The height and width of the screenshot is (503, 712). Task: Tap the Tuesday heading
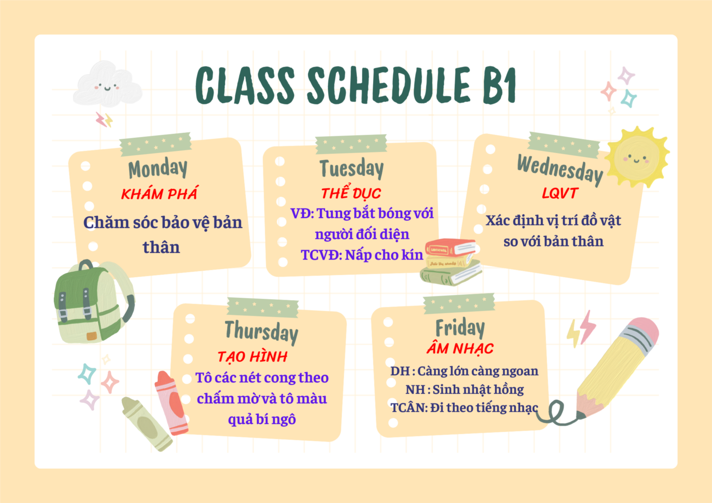351,169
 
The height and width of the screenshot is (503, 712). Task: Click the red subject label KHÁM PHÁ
160,193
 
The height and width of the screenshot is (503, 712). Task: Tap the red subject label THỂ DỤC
351,192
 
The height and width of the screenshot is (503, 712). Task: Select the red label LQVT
560,193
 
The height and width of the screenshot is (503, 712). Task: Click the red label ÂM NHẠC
460,348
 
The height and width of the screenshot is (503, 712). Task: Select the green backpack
94,302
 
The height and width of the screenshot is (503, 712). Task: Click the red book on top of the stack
451,247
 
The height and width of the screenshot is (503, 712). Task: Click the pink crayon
171,403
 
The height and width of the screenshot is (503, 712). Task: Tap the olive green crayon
147,424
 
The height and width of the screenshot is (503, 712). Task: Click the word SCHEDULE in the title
388,86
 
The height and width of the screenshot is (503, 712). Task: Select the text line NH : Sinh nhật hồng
464,390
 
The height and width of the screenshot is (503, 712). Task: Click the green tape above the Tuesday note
351,144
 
